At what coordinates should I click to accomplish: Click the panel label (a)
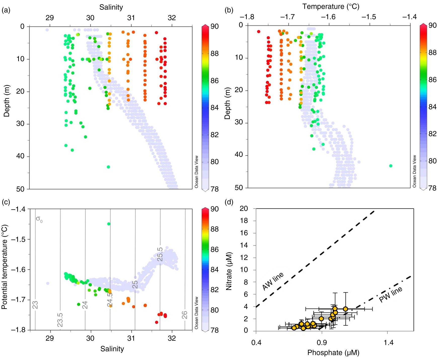click(x=6, y=10)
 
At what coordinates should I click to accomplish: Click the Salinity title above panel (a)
click(x=111, y=7)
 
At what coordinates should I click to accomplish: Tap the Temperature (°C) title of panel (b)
click(x=331, y=7)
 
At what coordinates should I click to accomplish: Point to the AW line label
click(x=273, y=281)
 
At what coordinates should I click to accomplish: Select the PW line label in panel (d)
click(x=390, y=295)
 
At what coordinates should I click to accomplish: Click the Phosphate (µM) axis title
click(x=333, y=353)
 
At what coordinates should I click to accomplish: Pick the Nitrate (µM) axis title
click(x=229, y=271)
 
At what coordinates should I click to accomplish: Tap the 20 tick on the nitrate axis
click(x=244, y=209)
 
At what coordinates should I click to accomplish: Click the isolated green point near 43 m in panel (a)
click(x=108, y=167)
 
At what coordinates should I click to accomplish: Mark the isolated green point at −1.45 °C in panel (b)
click(x=391, y=166)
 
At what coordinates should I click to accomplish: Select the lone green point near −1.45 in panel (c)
click(x=109, y=224)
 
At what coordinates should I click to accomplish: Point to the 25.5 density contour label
click(x=160, y=254)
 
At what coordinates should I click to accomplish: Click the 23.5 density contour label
click(x=60, y=320)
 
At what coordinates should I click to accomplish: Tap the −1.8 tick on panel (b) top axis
click(x=247, y=17)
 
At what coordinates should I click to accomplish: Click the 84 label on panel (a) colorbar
click(x=214, y=108)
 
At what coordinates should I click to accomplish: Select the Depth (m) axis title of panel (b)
click(x=228, y=103)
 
